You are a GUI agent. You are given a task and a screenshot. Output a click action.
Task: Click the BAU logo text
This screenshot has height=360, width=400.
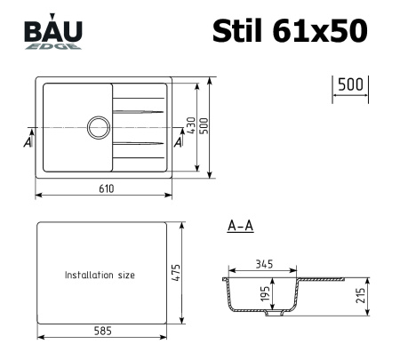pyautogui.click(x=54, y=31)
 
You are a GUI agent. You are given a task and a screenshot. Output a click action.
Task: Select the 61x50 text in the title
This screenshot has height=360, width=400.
pyautogui.click(x=322, y=30)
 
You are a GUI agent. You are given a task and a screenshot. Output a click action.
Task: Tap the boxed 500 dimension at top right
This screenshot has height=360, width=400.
pyautogui.click(x=351, y=84)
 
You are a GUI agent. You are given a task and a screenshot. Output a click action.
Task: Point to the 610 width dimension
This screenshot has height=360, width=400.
pyautogui.click(x=106, y=188)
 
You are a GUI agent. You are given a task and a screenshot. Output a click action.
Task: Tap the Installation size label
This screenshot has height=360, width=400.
pyautogui.click(x=100, y=276)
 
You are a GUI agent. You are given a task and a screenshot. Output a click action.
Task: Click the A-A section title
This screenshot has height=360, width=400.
pyautogui.click(x=241, y=227)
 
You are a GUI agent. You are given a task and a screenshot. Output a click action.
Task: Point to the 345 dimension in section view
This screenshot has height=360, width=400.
pyautogui.click(x=264, y=263)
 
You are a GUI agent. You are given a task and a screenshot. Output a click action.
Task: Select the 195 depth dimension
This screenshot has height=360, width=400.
pyautogui.click(x=265, y=295)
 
